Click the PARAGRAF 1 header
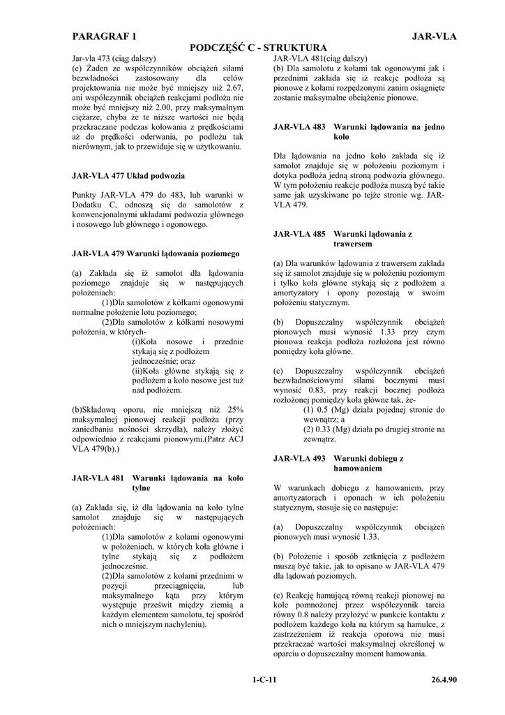tap(105, 36)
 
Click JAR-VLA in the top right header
tap(434, 36)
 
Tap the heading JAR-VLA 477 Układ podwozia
tap(128, 176)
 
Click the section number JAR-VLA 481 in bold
tap(98, 478)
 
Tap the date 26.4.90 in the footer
tap(444, 678)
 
